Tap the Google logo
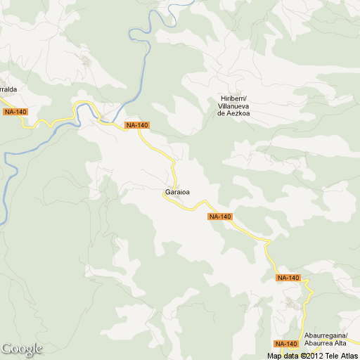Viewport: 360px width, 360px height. click(22, 349)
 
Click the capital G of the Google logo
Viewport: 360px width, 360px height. click(7, 349)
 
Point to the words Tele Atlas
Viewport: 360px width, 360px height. click(342, 355)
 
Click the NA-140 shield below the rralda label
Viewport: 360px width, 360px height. click(15, 112)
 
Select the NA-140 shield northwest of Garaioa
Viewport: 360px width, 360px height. click(137, 125)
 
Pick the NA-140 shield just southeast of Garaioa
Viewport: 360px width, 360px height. click(220, 217)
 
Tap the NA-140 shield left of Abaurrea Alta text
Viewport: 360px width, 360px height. click(286, 344)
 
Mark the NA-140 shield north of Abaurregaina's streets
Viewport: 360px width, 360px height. click(288, 278)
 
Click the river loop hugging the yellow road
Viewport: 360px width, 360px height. click(86, 109)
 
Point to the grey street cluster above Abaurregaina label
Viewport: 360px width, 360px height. click(290, 304)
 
